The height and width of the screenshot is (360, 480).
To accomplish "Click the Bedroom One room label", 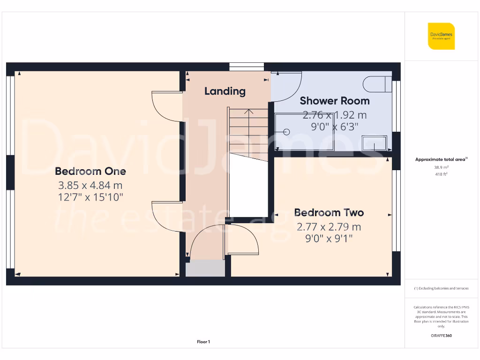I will pos(90,171).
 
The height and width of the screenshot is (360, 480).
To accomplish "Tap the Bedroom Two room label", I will pos(329,213).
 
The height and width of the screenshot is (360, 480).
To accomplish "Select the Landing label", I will pos(225,91).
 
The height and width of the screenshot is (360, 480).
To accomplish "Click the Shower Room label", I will pos(334,101).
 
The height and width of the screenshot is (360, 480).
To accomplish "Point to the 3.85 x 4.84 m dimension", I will pos(90,185).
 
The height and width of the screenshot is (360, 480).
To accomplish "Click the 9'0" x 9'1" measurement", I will pos(329,239).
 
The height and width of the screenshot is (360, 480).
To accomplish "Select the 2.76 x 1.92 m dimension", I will pos(334,114).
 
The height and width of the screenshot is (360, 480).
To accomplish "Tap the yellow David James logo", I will pos(441,36).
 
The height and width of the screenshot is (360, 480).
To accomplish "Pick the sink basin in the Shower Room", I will pos(375,142).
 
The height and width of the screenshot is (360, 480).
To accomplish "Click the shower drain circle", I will pos(287,132).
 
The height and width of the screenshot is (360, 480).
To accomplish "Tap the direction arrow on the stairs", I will pos(248,112).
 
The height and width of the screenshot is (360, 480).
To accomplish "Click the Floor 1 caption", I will pos(203,342).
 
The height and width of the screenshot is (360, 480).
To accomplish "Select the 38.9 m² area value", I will pos(441,167).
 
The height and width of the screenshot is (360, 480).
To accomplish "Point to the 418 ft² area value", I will pos(441,174).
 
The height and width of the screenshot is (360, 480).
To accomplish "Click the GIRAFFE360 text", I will pos(441,336).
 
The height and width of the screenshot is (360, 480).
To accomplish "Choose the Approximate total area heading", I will pos(441,159).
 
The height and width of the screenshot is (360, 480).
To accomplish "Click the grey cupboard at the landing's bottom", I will pos(205,269).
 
